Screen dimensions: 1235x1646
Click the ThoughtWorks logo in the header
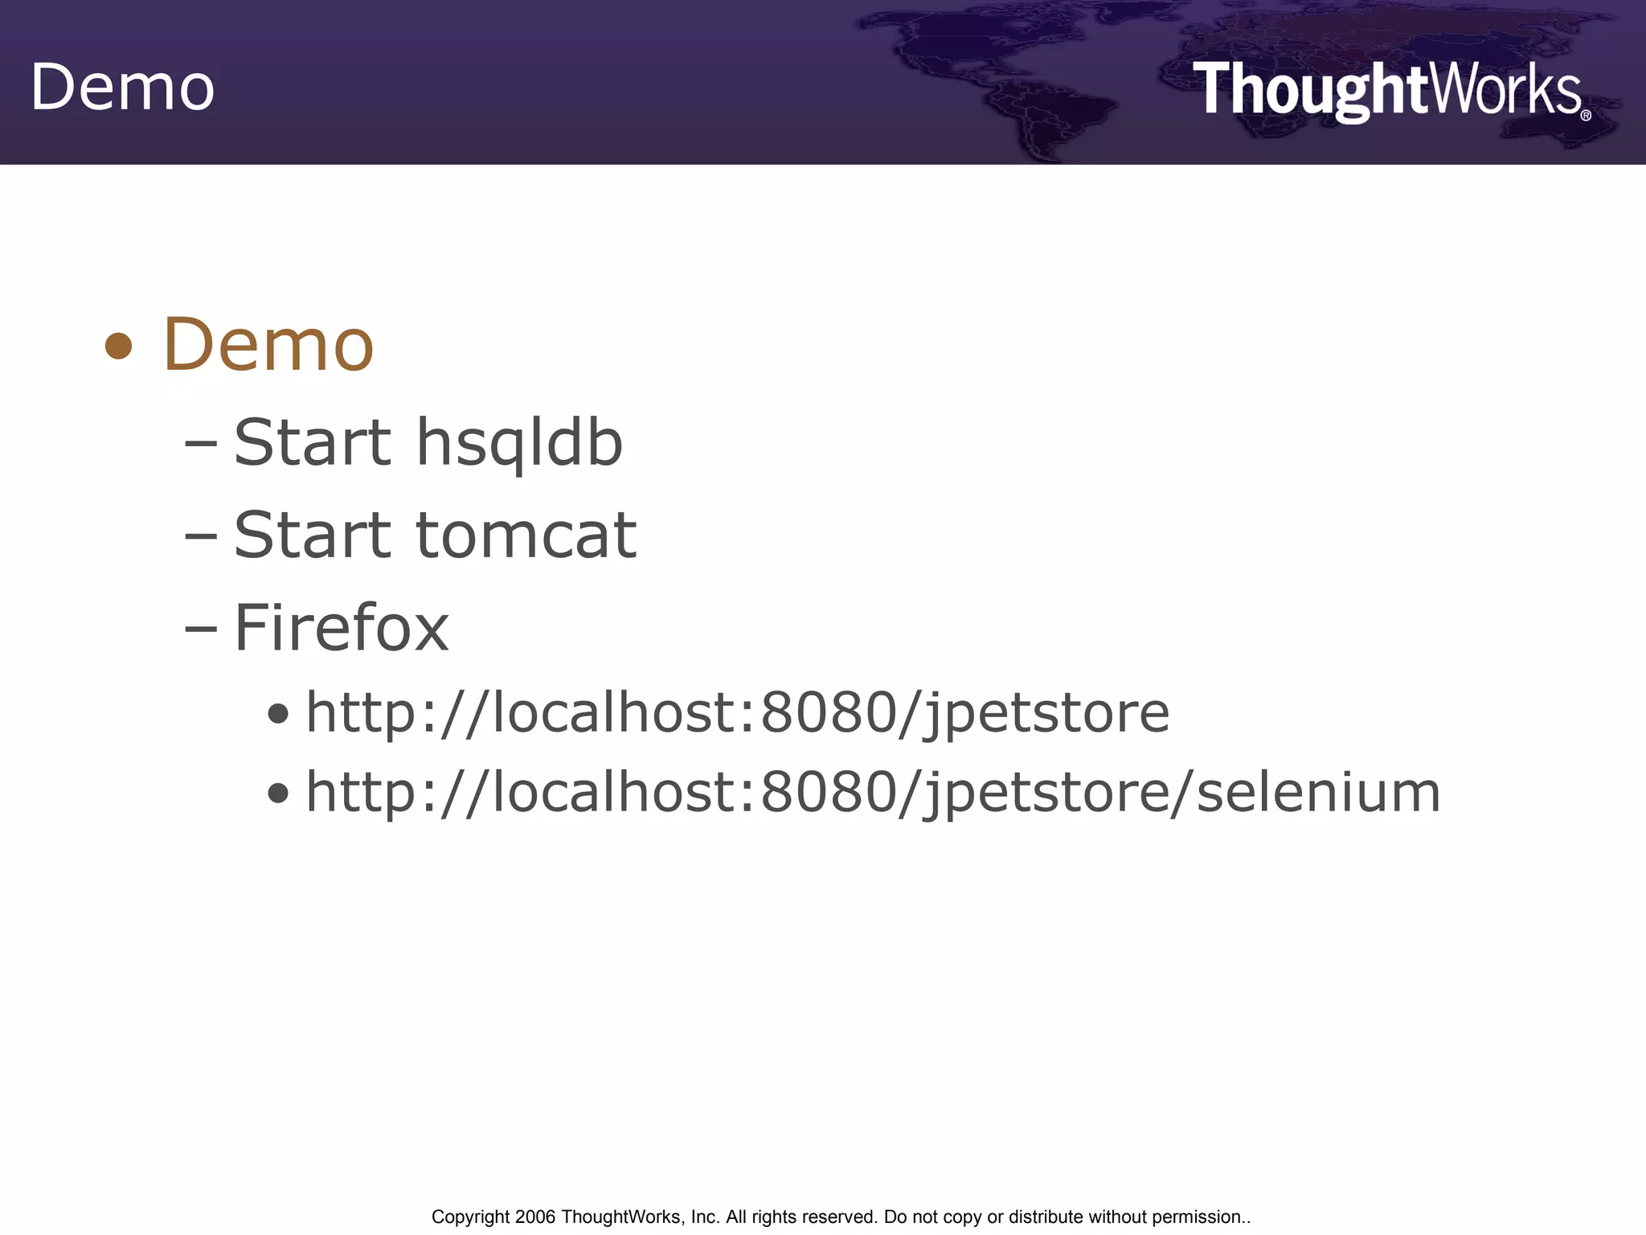tap(1387, 90)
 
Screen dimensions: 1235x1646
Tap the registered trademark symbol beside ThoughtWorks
tap(1586, 115)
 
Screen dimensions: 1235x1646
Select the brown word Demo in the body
tap(268, 345)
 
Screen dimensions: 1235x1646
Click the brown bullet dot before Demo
tap(119, 347)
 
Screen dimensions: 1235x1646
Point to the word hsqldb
tap(519, 443)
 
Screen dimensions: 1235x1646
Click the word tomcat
tap(526, 535)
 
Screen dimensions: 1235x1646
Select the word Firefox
tap(342, 628)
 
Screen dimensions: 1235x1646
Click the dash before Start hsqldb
tap(200, 443)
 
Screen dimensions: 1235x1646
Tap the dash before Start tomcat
tap(200, 535)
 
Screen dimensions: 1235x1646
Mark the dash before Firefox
tap(200, 628)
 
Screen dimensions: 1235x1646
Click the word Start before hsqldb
tap(313, 443)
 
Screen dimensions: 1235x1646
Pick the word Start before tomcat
tap(313, 535)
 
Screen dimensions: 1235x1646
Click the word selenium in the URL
tap(1318, 793)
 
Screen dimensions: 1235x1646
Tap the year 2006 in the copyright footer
tap(534, 1217)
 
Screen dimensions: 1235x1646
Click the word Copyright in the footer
tap(470, 1217)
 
